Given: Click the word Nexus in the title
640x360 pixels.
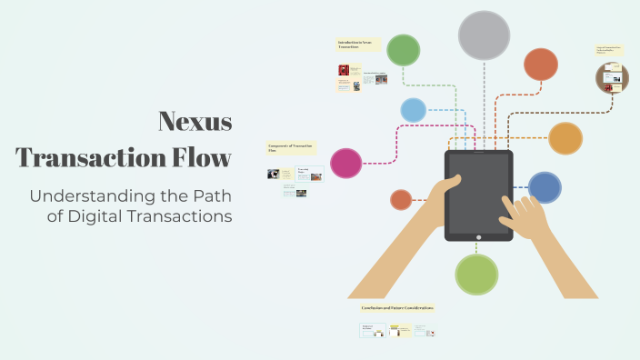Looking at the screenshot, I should [x=195, y=122].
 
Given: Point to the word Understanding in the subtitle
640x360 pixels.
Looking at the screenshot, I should [x=88, y=195].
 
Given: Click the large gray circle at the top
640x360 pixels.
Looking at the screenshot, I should [x=484, y=35].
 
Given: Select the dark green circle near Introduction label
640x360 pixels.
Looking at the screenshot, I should [x=403, y=51].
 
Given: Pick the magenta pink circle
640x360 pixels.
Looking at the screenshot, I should [x=345, y=163].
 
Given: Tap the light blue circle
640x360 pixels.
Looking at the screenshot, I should [x=413, y=110].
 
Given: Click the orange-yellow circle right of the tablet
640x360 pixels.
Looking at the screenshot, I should [x=565, y=138].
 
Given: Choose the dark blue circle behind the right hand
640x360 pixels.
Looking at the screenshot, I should [x=545, y=187].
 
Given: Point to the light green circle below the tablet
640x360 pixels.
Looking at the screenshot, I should [x=476, y=275].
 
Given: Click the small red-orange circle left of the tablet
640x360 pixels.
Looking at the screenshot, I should [x=401, y=199].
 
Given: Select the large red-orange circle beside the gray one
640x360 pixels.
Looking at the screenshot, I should [x=541, y=64].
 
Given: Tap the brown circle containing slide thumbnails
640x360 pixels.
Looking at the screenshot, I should [x=612, y=78].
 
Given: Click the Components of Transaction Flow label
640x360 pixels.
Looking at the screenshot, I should [x=291, y=147].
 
